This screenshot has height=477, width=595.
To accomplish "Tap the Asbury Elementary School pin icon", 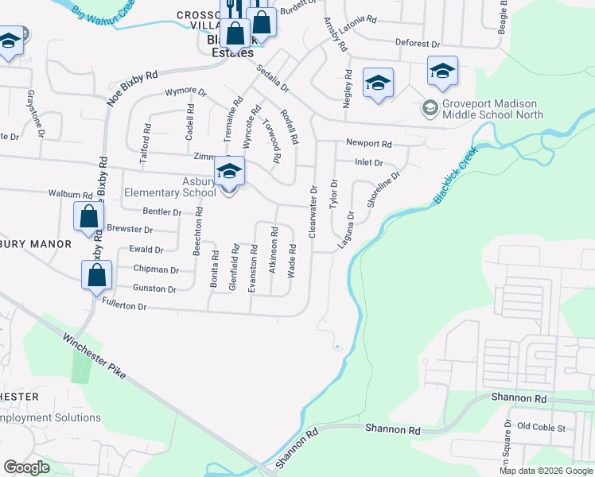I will pos(229,172).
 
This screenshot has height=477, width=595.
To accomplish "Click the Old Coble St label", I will pos(540,428).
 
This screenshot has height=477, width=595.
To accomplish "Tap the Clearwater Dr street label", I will pos(313,211).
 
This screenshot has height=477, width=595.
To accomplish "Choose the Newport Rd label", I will pos(369,144).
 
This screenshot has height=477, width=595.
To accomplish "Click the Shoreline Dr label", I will pos(383,189).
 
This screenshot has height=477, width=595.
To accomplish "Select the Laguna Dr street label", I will pos(345,229).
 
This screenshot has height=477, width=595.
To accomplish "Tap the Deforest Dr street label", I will pos(417,44).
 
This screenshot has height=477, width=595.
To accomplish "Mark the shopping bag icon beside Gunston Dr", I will pos(96,275).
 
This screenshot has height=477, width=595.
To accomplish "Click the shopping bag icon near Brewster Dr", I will pos(88,216).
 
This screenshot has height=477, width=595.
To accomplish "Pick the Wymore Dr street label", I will pos(185,91).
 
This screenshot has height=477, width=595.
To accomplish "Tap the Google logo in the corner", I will pos(26,467).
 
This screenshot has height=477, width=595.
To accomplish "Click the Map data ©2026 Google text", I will pos(546,471).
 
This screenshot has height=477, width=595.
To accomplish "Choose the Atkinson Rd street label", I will pos(273,250).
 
